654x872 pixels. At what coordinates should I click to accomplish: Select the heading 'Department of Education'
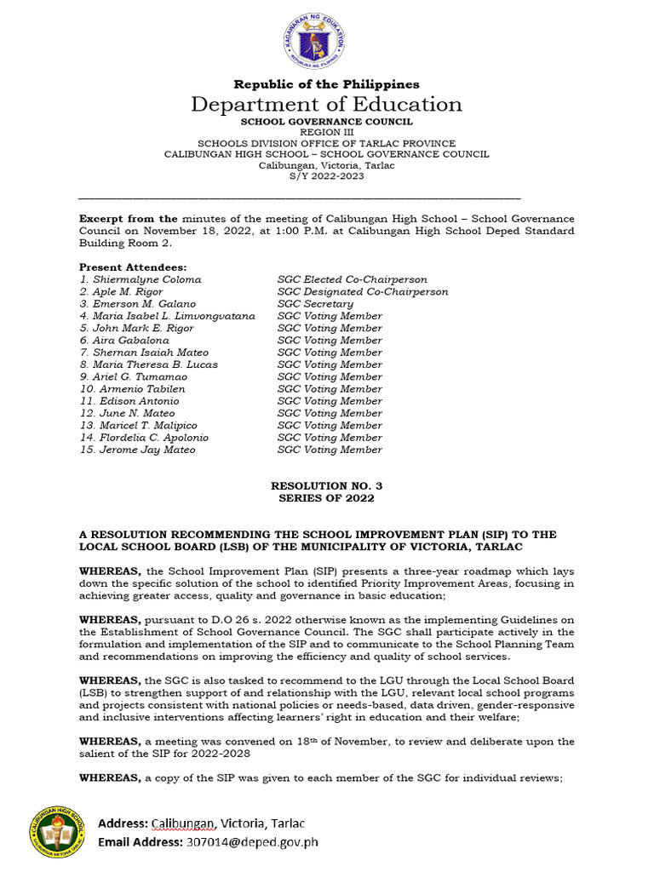326,105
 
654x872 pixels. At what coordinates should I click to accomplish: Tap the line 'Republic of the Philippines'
326,84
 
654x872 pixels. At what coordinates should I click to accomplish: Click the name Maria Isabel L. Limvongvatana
176,316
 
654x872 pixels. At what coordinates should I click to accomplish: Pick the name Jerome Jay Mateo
147,450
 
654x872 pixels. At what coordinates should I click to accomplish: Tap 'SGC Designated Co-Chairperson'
363,291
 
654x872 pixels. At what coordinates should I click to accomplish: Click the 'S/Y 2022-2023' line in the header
326,176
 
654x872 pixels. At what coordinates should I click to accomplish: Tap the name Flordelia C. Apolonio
153,438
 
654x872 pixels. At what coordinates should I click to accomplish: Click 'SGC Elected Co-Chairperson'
353,279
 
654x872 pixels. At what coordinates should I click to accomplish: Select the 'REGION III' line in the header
326,133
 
